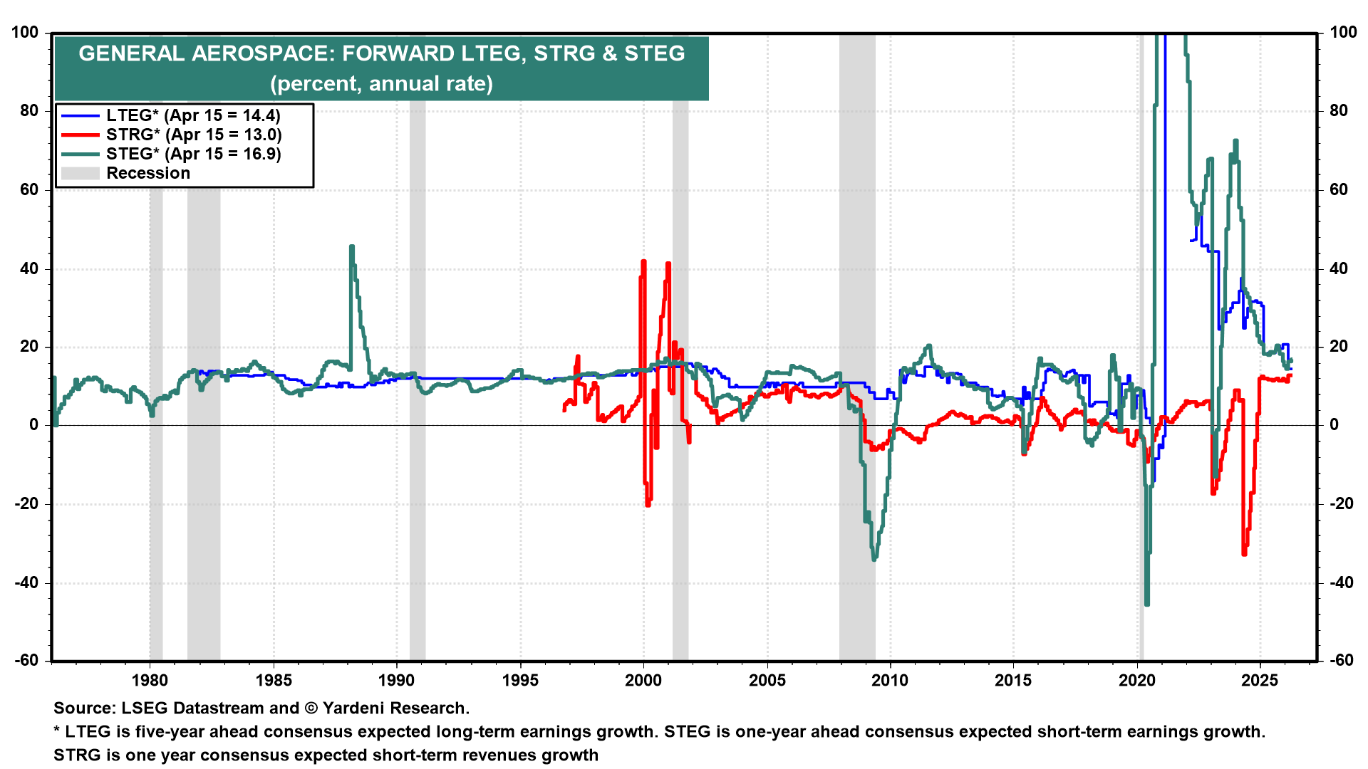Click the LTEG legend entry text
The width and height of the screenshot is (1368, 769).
(193, 115)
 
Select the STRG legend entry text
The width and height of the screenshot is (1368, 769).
(194, 135)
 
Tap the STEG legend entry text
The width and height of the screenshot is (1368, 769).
(194, 154)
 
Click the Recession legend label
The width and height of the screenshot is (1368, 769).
(148, 173)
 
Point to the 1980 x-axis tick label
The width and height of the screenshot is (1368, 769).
(150, 680)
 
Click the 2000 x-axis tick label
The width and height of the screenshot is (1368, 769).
(643, 680)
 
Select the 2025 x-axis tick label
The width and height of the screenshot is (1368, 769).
(1260, 680)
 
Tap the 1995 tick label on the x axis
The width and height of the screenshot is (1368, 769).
(520, 680)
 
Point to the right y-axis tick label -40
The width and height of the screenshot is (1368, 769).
(1341, 582)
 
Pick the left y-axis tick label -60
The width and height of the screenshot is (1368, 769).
(26, 660)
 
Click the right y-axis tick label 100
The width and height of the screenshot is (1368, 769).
(1343, 32)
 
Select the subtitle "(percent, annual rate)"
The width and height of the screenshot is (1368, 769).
(381, 83)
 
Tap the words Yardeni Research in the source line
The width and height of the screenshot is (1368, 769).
(395, 708)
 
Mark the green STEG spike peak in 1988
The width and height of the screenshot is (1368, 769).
(351, 248)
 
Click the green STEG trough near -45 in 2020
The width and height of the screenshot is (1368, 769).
(1146, 604)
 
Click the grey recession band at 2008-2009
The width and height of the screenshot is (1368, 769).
(857, 356)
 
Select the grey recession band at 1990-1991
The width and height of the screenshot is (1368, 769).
(418, 356)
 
